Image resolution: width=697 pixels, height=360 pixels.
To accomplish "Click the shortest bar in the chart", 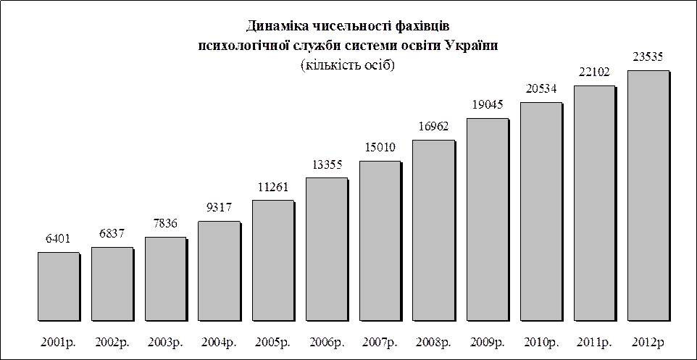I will pyautogui.click(x=59, y=286).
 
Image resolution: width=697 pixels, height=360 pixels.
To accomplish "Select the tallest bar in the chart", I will pyautogui.click(x=648, y=196).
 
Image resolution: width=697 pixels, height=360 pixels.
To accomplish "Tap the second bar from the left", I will pyautogui.click(x=112, y=284).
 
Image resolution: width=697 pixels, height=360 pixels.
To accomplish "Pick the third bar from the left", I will pyautogui.click(x=165, y=279).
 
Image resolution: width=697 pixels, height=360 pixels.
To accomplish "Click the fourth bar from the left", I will pyautogui.click(x=219, y=271).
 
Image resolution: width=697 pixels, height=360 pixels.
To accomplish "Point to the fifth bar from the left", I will pyautogui.click(x=273, y=260).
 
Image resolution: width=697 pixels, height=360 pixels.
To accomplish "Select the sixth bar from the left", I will pyautogui.click(x=327, y=249).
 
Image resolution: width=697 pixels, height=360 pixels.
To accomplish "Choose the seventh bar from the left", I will pyautogui.click(x=380, y=240).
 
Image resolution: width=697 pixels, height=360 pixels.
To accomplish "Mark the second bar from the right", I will pyautogui.click(x=594, y=203).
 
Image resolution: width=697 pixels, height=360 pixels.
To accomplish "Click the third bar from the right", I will pyautogui.click(x=541, y=212).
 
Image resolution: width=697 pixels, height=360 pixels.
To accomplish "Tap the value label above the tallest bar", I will pyautogui.click(x=648, y=56).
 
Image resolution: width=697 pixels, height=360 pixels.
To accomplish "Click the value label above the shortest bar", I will pyautogui.click(x=58, y=238).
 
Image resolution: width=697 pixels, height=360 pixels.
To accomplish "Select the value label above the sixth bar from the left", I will pyautogui.click(x=327, y=164).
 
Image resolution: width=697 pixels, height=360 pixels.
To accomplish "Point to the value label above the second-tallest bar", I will pyautogui.click(x=594, y=72).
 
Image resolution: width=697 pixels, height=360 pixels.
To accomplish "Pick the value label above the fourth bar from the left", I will pyautogui.click(x=219, y=208).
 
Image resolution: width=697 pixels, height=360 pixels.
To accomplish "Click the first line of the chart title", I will pyautogui.click(x=348, y=26).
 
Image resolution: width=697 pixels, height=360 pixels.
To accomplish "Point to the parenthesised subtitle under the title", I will pyautogui.click(x=348, y=64).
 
